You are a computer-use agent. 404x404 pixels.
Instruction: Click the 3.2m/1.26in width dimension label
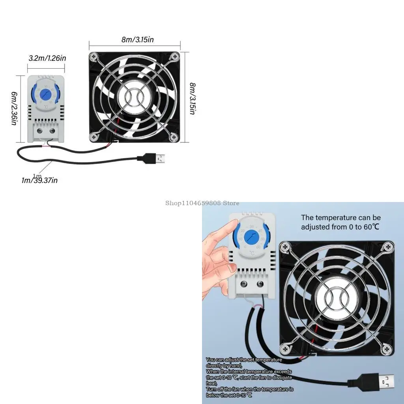[47, 58]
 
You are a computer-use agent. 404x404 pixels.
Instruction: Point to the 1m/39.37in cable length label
[39, 181]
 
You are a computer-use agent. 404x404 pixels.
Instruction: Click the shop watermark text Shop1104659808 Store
[202, 203]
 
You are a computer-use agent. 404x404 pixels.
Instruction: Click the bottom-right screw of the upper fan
[174, 137]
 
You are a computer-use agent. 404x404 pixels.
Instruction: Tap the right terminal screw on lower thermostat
[260, 284]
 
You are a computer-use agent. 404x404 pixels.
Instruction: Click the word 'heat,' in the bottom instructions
[211, 383]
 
